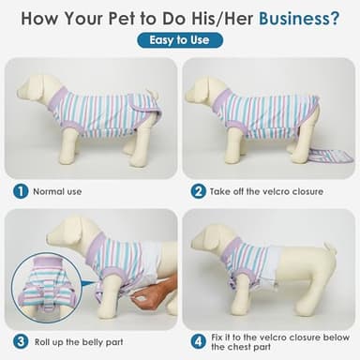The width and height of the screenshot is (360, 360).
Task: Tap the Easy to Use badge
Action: point(180,40)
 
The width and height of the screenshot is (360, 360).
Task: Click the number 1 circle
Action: point(20,191)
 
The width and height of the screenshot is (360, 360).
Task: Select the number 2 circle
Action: point(199,191)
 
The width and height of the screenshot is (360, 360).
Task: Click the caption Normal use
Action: point(57,192)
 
